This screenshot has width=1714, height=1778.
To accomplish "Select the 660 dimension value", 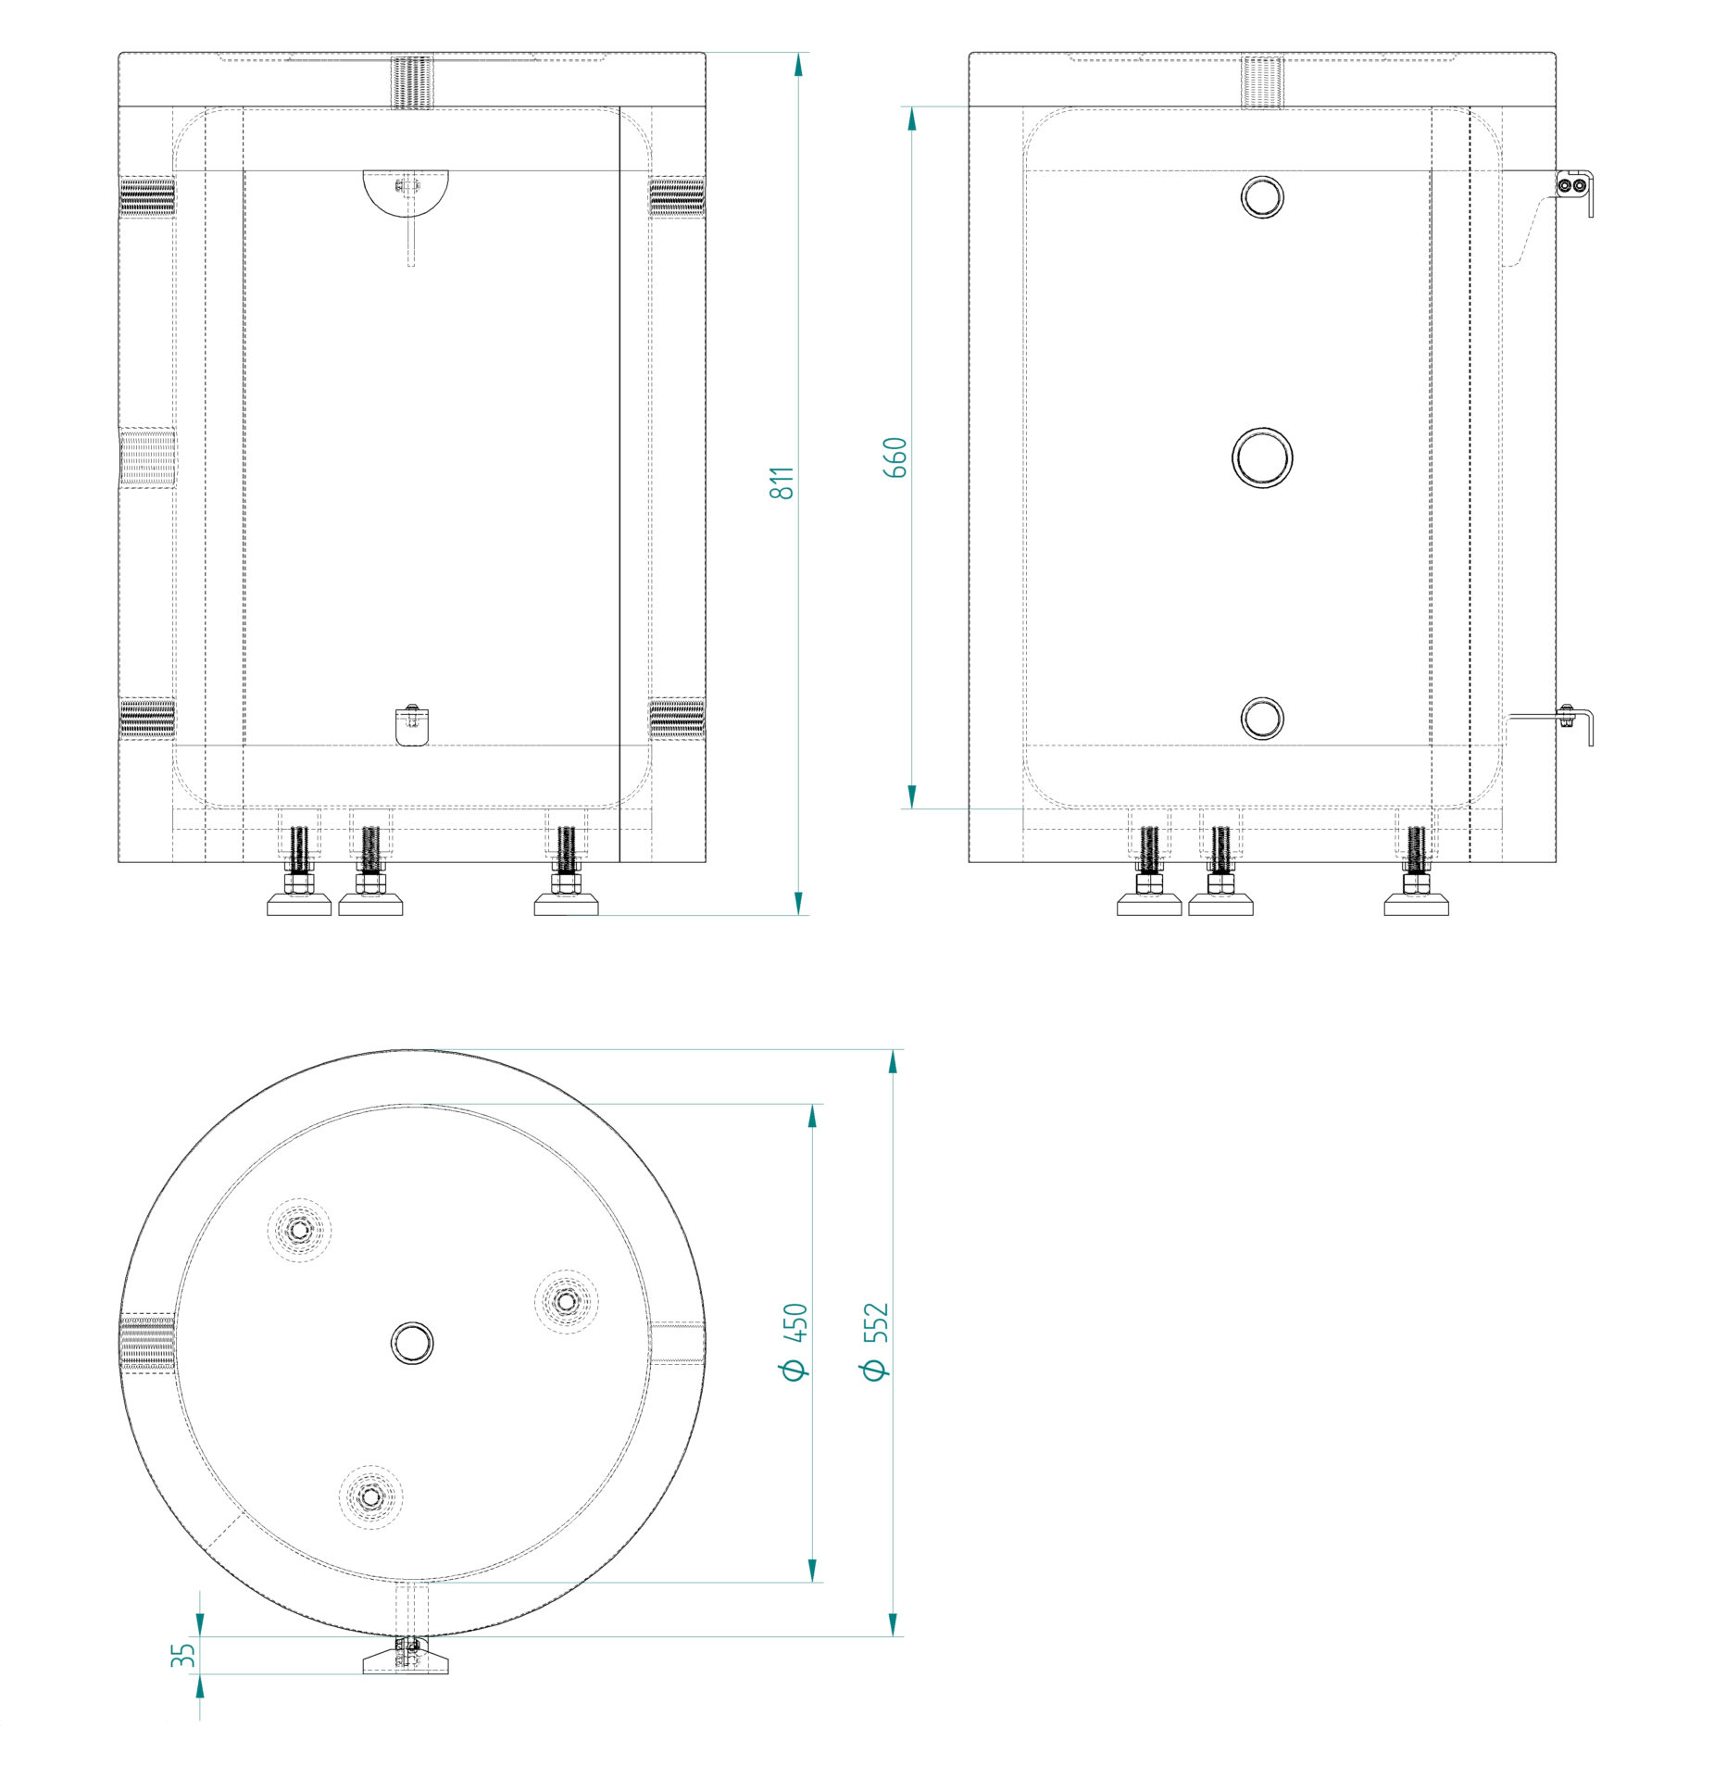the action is [895, 457].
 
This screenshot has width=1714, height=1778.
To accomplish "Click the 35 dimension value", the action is [183, 1655].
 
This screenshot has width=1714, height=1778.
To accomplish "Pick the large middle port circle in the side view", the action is [1261, 457].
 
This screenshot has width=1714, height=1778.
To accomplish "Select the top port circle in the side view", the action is [1261, 196].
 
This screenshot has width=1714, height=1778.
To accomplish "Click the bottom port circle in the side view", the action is [1261, 718].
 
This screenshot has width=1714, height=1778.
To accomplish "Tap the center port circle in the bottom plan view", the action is [412, 1343].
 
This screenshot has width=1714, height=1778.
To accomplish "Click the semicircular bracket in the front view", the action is [405, 192].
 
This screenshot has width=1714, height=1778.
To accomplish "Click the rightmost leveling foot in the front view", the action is [566, 870].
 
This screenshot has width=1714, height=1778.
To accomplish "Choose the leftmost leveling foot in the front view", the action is [299, 870].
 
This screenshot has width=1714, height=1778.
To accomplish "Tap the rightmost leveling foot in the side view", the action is [1416, 870].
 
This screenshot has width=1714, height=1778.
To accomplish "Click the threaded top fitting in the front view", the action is [412, 82].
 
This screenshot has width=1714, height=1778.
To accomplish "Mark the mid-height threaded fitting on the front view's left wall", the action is [147, 457].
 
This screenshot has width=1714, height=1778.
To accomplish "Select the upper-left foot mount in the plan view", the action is [299, 1230].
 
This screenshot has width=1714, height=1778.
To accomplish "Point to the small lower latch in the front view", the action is [411, 725].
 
